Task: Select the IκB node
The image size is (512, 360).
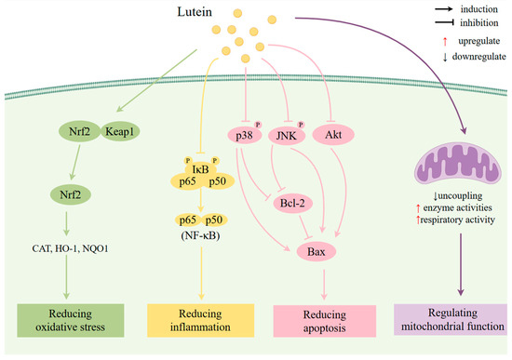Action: point(201,168)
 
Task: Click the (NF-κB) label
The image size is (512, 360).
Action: point(202,235)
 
